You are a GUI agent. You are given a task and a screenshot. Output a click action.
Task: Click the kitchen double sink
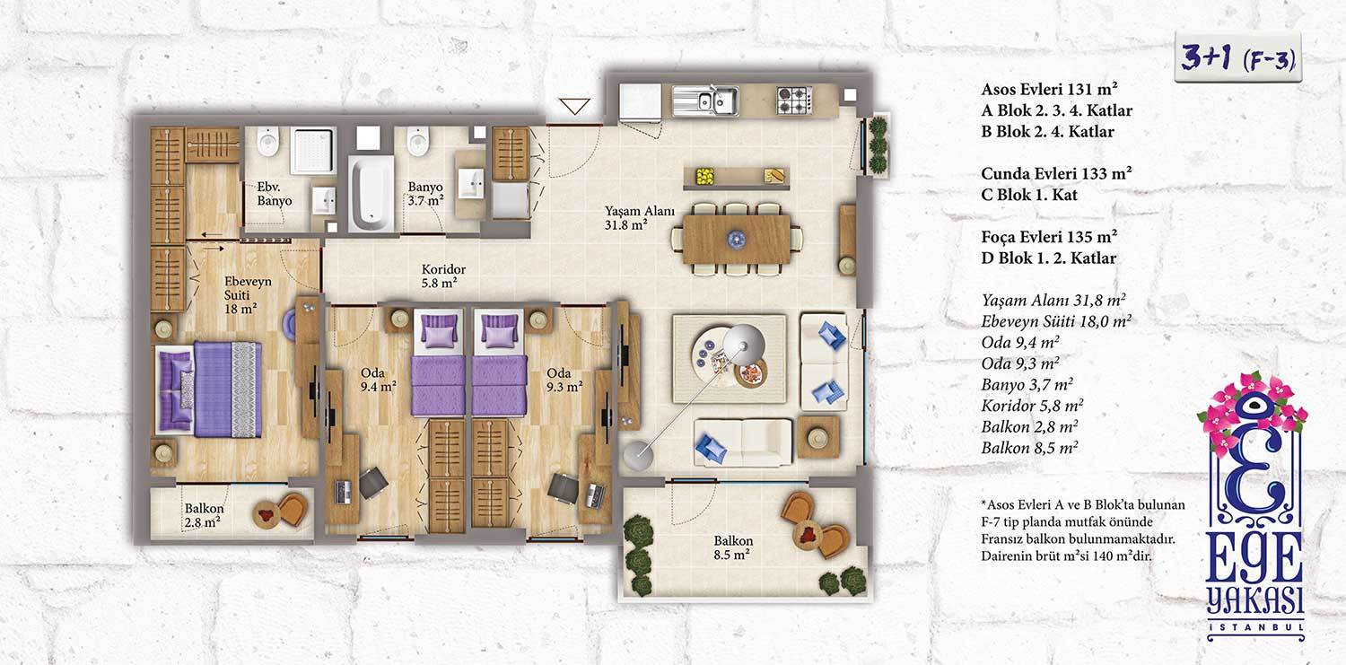coord(705,101)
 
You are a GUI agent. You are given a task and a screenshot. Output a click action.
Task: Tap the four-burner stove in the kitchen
coord(794,100)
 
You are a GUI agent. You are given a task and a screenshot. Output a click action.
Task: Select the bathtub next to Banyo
coord(372,194)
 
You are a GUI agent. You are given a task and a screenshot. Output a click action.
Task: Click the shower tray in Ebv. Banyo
coord(312,150)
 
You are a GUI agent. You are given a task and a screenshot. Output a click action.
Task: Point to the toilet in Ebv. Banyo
coord(267,141)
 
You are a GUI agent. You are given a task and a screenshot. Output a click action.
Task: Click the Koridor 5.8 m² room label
coord(443,276)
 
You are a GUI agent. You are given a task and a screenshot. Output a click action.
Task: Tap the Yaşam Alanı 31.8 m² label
coord(639,218)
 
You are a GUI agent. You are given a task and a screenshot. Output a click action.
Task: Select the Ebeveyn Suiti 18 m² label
coord(247,295)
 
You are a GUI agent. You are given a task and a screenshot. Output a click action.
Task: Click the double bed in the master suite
coord(209,389)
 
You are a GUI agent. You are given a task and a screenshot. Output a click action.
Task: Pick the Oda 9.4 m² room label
coord(378,381)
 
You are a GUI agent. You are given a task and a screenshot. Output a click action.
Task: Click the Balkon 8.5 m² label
coord(732,547)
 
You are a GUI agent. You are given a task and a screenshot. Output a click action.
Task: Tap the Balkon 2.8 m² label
coord(204,515)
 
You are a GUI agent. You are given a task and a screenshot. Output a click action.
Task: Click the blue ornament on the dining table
coord(736,240)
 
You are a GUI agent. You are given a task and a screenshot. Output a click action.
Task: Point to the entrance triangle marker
coord(574,106)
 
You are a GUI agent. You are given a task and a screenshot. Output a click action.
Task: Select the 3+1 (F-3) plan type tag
coord(1237,58)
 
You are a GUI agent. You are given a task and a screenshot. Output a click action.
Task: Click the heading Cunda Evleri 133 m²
coord(1056,173)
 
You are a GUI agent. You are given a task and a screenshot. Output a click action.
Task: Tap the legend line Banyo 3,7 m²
coord(1027,385)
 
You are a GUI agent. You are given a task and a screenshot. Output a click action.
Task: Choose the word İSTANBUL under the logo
coord(1255,627)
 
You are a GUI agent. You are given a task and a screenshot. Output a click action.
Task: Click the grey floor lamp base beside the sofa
coord(637,454)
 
